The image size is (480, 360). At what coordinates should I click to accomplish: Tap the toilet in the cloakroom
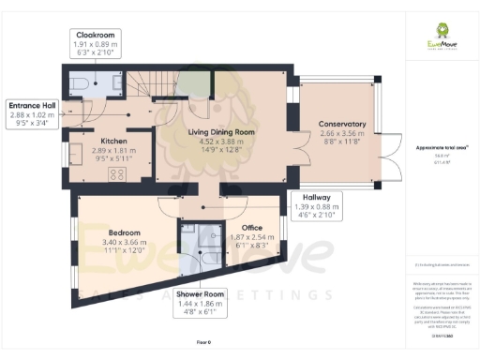click(82, 85)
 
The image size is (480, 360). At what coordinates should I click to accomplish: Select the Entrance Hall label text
click(33, 105)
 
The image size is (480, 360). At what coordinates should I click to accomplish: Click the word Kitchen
click(113, 141)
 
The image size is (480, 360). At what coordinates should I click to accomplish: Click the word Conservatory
click(340, 125)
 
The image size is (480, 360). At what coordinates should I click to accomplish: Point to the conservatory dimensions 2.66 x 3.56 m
click(340, 134)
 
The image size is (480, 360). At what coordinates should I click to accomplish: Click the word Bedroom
click(124, 232)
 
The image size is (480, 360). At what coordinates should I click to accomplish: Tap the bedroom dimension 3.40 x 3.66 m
click(124, 241)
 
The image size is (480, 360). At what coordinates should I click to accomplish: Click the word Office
click(251, 228)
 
